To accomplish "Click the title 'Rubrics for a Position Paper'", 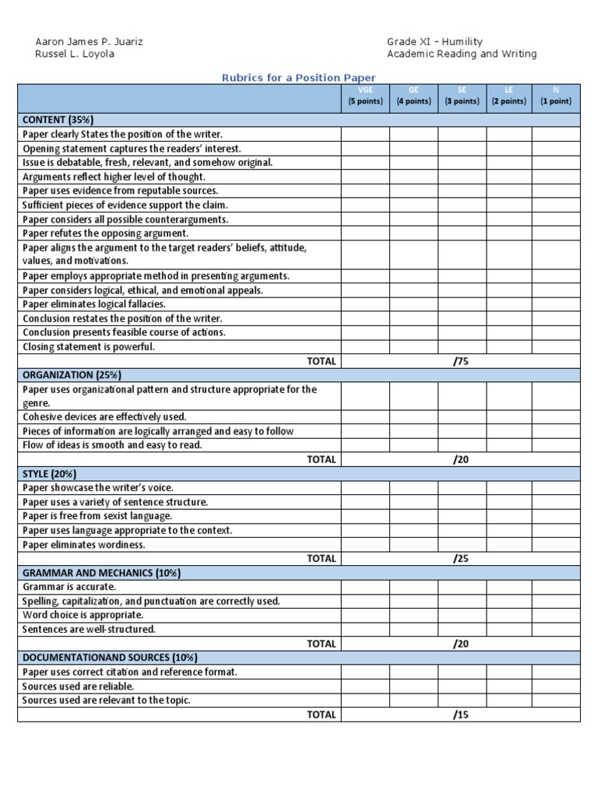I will pos(299,78).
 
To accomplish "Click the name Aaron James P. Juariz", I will pos(90,41).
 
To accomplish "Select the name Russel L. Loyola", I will pos(76,54).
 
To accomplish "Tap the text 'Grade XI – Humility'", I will pos(434,41).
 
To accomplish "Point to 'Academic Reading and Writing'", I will pos(462,54).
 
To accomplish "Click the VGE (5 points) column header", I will pos(365,97).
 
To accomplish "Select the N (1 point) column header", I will pos(556,97).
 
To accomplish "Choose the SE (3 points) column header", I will pos(462,97).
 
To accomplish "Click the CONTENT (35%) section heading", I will pos(58,120).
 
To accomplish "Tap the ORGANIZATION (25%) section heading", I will pos(71,375).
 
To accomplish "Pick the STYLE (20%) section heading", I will pos(49,474).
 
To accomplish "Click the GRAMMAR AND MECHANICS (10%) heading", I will pos(102,573).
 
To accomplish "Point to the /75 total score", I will pos(461,361).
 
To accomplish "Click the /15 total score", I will pos(461,714).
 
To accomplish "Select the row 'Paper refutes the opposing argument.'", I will pos(105,233).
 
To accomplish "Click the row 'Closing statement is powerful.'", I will pos(88,347).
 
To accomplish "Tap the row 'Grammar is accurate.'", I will pos(69,587).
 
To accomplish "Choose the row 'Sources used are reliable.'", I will pos(78,686).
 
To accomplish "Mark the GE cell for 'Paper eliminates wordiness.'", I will pos(413,545).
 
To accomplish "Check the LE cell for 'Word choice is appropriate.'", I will pos(509,615).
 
